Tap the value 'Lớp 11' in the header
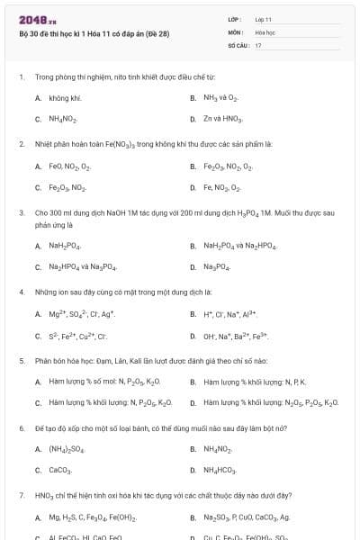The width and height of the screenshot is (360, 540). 263,19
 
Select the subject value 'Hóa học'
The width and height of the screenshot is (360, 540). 265,31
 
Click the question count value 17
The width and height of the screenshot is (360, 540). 258,44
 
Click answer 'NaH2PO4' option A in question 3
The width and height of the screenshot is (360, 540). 66,246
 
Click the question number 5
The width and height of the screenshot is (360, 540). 21,361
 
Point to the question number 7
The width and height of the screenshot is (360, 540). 21,495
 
